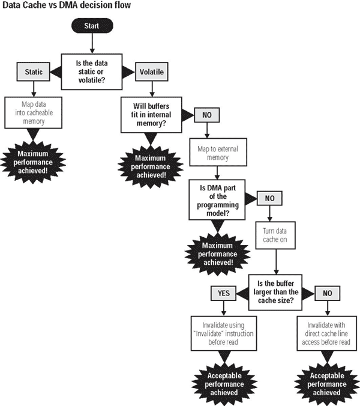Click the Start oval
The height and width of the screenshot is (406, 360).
92,26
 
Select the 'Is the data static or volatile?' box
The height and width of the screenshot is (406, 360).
92,71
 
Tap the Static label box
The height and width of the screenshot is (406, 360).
34,71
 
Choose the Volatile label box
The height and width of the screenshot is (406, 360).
152,71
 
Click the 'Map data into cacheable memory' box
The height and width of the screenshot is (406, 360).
34,113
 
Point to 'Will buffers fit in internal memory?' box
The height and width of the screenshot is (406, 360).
151,115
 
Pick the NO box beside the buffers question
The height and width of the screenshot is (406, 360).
207,115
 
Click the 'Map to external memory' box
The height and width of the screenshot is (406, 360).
218,153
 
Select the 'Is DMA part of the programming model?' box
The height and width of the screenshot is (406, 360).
217,200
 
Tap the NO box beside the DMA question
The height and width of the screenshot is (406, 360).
269,198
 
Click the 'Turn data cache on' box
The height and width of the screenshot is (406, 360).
275,235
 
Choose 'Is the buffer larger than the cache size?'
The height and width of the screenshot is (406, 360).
275,292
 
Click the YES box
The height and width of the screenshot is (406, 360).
223,293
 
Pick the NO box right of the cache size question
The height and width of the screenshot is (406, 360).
328,293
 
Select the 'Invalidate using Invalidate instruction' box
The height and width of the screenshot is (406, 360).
224,333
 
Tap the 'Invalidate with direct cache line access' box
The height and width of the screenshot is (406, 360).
327,333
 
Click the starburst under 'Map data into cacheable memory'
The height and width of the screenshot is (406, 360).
33,162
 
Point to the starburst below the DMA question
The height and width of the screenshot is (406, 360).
217,254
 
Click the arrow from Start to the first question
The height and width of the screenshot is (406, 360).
92,43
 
